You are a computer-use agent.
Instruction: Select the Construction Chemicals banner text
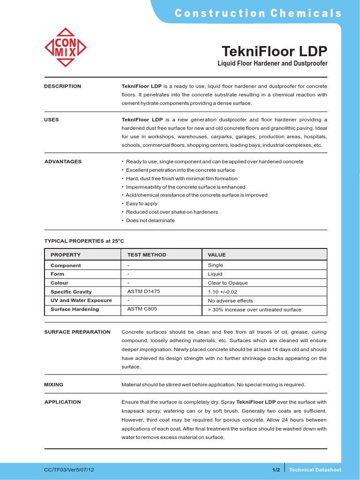pos(258,13)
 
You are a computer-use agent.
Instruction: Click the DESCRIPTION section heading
pos(62,86)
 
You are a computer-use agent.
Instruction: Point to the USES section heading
pos(52,120)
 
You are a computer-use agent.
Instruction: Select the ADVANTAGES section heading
pos(63,161)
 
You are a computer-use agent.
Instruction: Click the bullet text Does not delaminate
pos(150,220)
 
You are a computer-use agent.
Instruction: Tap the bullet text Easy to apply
pos(142,203)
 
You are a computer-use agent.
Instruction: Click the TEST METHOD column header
pos(147,255)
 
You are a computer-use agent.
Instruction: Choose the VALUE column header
pos(217,255)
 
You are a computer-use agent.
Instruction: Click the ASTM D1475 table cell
pos(143,291)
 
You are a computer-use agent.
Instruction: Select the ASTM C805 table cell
pos(142,309)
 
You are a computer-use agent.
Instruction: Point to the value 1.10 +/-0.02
pos(223,292)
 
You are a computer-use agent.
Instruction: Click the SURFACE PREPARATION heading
pos(77,332)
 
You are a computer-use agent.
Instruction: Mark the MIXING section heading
pos(53,384)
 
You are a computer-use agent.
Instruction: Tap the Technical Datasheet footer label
pos(315,470)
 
